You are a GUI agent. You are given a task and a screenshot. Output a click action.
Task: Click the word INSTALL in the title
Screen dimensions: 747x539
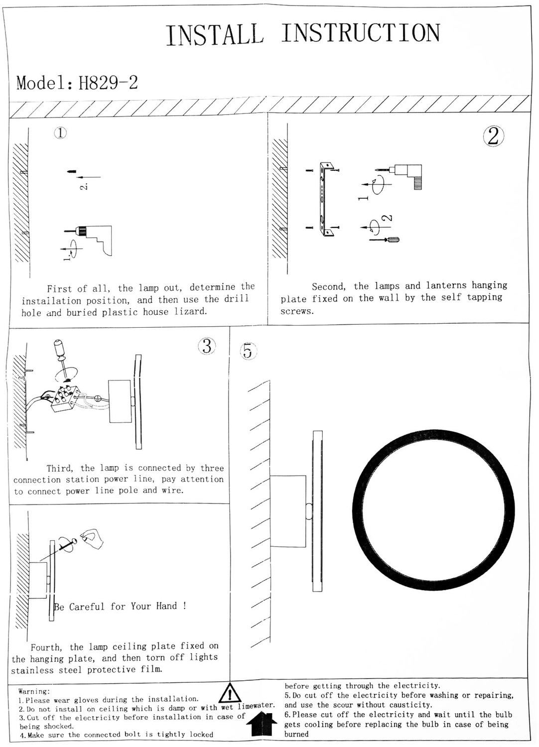(215, 35)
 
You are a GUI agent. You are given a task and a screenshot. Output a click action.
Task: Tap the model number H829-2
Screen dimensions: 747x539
(108, 83)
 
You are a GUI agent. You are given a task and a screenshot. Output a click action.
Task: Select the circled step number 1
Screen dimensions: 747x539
(60, 133)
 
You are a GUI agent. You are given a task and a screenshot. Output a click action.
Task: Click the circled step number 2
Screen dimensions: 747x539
(493, 136)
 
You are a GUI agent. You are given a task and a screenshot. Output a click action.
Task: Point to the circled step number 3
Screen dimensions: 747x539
(207, 346)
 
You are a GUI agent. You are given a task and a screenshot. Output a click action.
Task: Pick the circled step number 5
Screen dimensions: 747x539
(248, 351)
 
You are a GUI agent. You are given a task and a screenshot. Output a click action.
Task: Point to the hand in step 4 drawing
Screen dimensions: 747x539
(93, 539)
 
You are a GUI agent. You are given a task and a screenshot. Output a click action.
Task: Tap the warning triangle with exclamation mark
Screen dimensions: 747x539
(230, 694)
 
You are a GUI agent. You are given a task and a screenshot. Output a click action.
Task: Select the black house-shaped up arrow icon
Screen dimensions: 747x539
(263, 723)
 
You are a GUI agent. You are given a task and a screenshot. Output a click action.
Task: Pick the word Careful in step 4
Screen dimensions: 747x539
(87, 607)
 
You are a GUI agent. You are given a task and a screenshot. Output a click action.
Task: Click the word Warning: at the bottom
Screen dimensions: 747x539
(34, 691)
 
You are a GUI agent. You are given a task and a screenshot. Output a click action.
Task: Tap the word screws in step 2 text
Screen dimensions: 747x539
(297, 311)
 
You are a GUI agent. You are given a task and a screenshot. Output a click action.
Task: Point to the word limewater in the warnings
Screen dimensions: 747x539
(256, 706)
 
